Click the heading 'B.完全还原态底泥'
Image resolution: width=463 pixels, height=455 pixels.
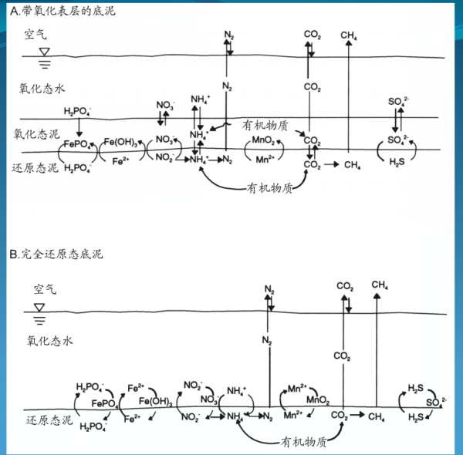[56, 254]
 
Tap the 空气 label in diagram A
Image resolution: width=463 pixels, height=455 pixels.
[35, 35]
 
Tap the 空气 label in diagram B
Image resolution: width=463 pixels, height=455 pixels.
[46, 290]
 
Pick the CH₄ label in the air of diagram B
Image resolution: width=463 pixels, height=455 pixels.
[380, 285]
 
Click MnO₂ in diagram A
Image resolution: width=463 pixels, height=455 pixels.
[265, 142]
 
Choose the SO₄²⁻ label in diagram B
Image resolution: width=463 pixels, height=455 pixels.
[435, 402]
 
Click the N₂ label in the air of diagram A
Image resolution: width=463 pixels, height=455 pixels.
[228, 35]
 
